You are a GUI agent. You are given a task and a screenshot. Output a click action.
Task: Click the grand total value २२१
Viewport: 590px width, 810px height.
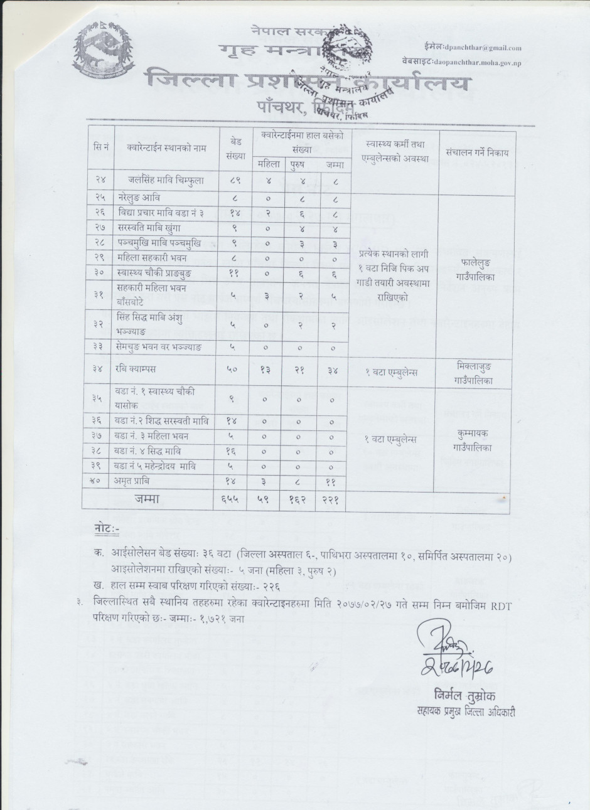coord(330,498)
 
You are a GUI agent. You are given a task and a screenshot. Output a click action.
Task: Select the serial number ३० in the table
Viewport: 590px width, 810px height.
coord(99,272)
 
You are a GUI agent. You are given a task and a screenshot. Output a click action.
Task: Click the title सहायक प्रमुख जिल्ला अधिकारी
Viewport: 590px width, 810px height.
coord(464,711)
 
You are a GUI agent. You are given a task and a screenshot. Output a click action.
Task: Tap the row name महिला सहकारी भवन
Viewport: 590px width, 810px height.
coord(149,257)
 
